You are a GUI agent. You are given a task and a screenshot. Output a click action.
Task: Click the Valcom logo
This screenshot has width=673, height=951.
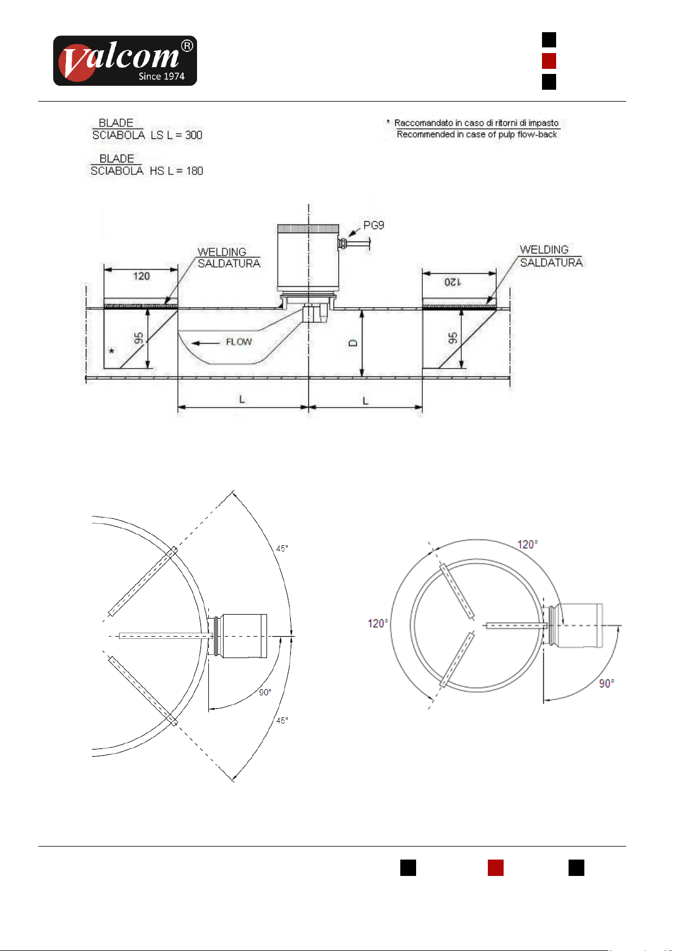[x=125, y=61]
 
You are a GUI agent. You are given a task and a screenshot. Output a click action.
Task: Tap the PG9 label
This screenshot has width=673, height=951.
[x=374, y=225]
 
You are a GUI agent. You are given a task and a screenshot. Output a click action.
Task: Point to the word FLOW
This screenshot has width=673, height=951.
[x=239, y=342]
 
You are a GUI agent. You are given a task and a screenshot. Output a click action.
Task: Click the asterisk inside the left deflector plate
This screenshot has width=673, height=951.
[x=112, y=351]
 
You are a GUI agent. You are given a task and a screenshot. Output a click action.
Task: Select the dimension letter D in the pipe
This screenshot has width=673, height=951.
[x=353, y=343]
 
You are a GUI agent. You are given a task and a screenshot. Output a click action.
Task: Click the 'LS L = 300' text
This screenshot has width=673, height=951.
[x=176, y=135]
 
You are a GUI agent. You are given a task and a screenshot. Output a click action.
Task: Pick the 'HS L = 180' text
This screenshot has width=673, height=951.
[x=176, y=170]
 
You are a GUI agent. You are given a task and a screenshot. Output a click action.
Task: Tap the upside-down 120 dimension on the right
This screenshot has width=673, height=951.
[x=453, y=282]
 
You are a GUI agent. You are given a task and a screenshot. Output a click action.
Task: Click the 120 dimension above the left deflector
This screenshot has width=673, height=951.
[x=141, y=276]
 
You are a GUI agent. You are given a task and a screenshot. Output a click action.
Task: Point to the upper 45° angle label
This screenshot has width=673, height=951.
[x=282, y=549]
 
